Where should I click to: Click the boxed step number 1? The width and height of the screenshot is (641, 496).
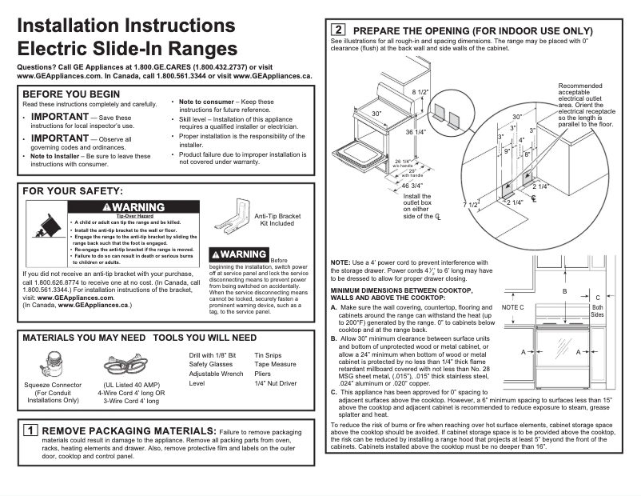coord(30,430)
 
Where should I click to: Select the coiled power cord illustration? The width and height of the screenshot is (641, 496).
coord(131,366)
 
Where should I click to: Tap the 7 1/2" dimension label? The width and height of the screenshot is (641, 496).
coord(471,205)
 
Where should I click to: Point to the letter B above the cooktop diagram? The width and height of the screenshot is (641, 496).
coord(563,292)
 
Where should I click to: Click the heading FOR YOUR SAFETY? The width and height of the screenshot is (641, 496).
coord(73,191)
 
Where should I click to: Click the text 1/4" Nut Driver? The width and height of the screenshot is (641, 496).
coord(276,384)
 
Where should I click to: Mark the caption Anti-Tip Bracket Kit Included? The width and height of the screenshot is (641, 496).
coord(277,220)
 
